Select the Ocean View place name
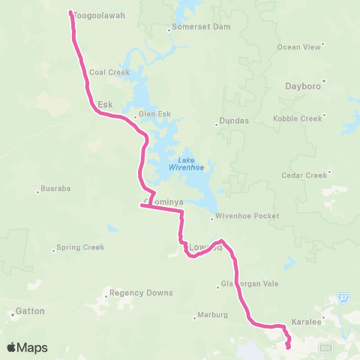click(x=298, y=46)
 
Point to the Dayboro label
click(x=303, y=86)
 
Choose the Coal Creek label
click(x=109, y=73)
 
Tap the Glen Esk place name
click(x=154, y=115)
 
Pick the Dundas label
click(x=232, y=124)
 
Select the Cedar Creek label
click(x=304, y=175)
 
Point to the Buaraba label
click(x=56, y=189)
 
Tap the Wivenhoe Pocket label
click(x=247, y=216)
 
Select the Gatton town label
click(x=31, y=310)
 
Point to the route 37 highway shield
click(x=342, y=298)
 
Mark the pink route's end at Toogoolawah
click(x=71, y=13)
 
